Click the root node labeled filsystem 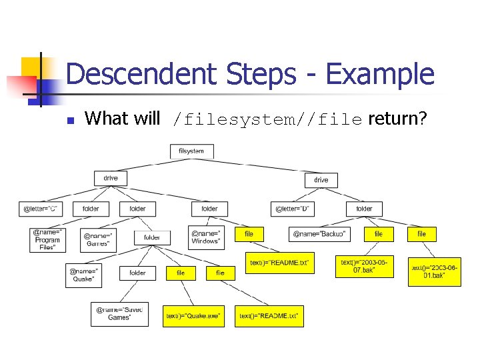191,151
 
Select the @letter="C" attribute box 41,209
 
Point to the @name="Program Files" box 47,240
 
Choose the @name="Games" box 99,239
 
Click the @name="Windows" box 205,237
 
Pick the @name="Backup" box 319,234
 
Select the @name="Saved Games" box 119,314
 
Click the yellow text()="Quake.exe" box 193,316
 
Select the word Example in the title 380,74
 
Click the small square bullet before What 71,121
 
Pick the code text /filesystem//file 267,120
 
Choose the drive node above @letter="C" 111,178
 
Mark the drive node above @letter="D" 321,180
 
